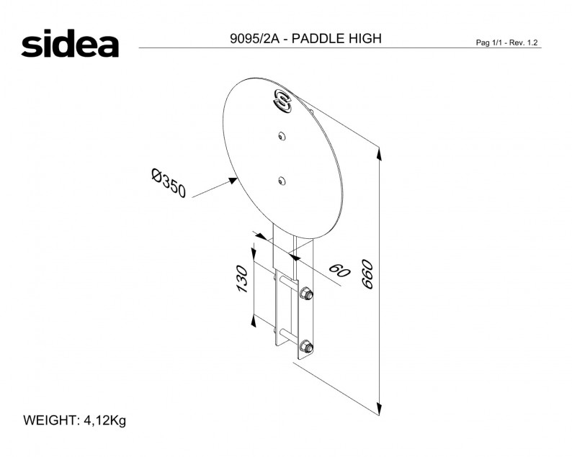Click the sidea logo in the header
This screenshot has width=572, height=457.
pos(70,43)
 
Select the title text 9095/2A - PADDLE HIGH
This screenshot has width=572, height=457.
pos(305,38)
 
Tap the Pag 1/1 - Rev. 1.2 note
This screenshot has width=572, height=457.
pos(506,42)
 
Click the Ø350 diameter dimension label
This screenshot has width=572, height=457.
pos(169,183)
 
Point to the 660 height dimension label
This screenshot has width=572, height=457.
pos(367,274)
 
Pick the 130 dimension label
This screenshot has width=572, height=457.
pos(242,279)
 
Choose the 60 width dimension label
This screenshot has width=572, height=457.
pos(339,270)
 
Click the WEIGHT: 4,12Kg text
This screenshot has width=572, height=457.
pos(75,420)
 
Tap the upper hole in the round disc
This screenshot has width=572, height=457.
pos(281,136)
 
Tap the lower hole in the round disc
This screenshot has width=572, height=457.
pos(281,181)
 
